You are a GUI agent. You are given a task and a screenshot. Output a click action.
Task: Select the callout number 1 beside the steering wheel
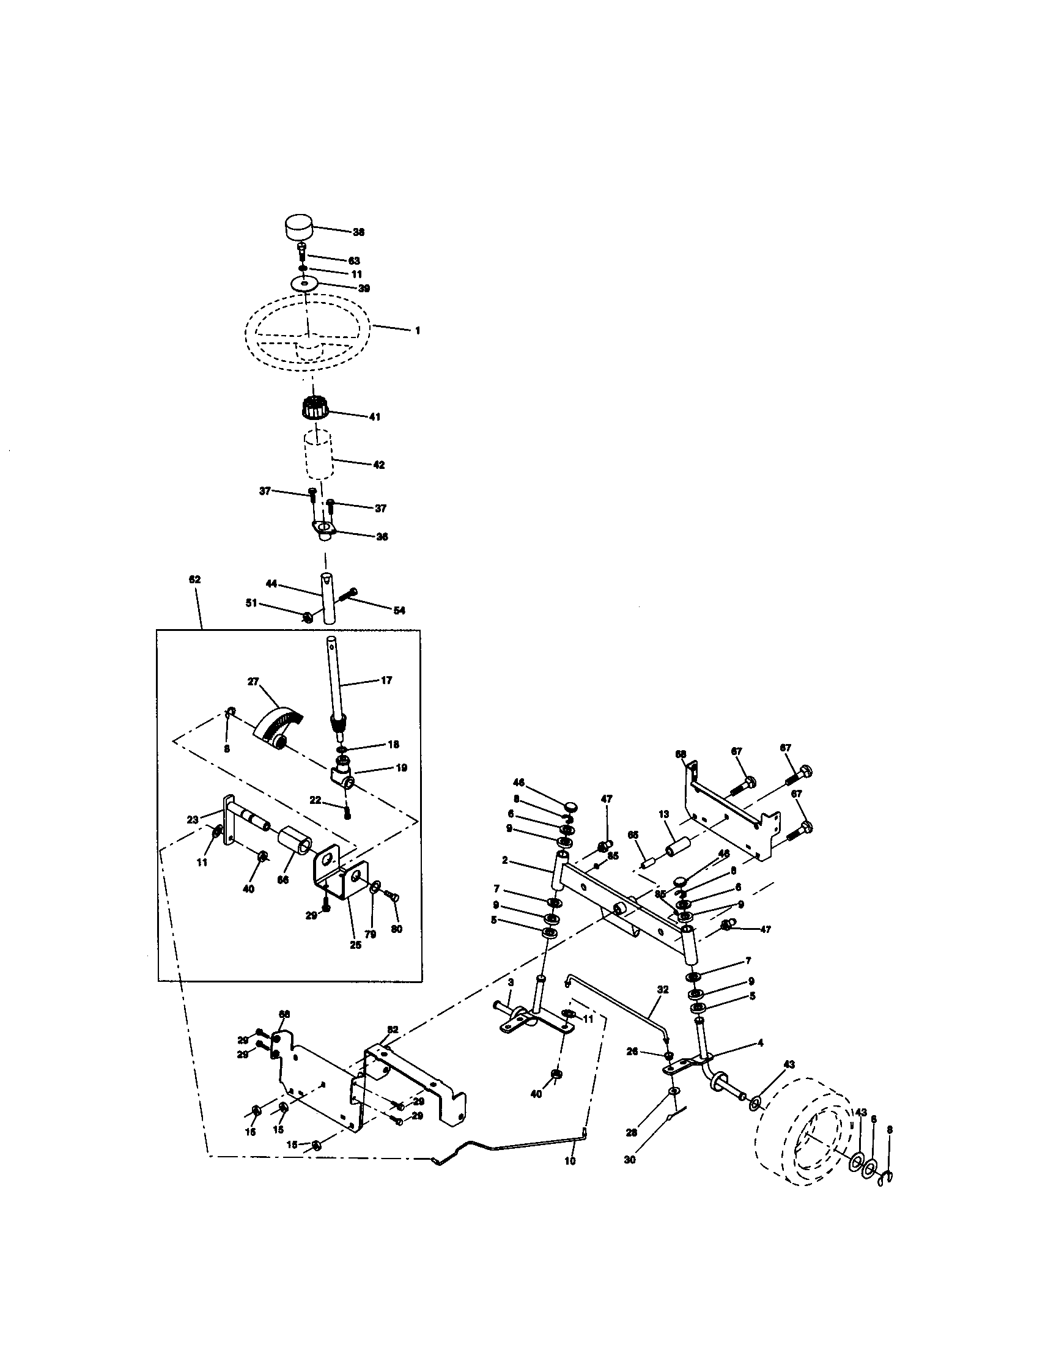(x=418, y=331)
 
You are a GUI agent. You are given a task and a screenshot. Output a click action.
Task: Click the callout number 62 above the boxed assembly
(x=195, y=580)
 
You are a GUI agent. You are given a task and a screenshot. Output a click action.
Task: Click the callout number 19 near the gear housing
(x=402, y=768)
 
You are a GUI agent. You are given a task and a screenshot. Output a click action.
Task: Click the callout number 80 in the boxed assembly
(x=397, y=929)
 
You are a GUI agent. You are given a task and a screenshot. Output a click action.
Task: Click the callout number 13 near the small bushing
(x=663, y=814)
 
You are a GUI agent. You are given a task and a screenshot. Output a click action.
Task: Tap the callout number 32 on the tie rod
(x=663, y=990)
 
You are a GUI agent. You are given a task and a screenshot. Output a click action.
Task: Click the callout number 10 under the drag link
(x=570, y=1161)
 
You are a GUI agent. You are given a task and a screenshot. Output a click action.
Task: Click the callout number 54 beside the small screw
(x=399, y=610)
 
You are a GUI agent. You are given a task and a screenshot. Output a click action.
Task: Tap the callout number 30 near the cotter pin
(x=629, y=1160)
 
